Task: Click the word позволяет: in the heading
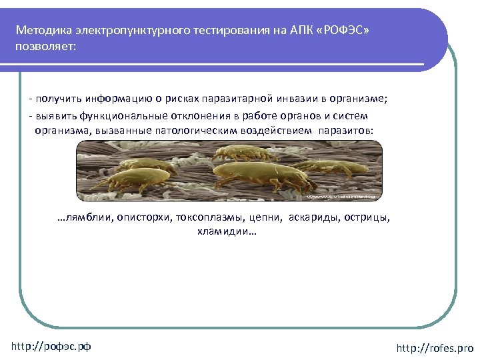point(46,47)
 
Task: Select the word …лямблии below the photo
point(85,217)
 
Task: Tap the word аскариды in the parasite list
point(314,217)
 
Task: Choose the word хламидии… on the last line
point(226,232)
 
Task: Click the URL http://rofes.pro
point(434,348)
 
